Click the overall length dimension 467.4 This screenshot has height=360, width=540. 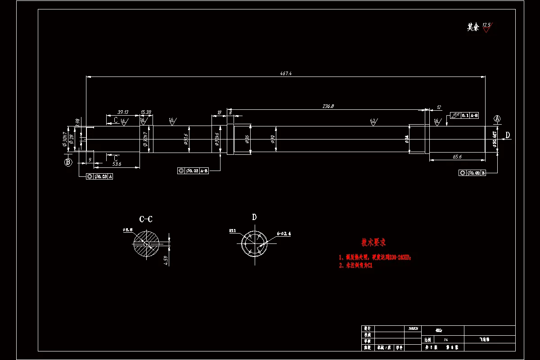tap(286, 73)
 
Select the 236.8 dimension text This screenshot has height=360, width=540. tap(328, 106)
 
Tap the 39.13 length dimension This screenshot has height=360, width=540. tap(123, 112)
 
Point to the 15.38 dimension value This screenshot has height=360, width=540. tap(146, 112)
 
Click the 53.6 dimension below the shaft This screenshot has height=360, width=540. tap(117, 164)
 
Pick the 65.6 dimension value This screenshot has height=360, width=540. tap(457, 157)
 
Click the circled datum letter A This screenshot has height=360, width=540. tap(497, 119)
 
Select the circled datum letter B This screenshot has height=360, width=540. tap(68, 162)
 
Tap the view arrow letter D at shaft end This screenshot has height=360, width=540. tap(508, 135)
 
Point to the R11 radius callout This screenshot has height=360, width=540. tap(233, 231)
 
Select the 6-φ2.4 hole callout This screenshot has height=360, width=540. tap(284, 234)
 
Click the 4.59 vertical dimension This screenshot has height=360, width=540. tap(166, 261)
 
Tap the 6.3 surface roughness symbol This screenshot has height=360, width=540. tap(373, 121)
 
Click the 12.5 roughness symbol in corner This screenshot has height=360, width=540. tap(486, 27)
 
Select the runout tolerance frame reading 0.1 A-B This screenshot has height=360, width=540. tap(464, 115)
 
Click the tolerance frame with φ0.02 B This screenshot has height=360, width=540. tap(472, 173)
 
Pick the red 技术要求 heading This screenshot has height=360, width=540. tap(373, 243)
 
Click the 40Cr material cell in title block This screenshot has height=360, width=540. tap(439, 329)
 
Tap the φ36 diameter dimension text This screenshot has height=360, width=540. tap(247, 139)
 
